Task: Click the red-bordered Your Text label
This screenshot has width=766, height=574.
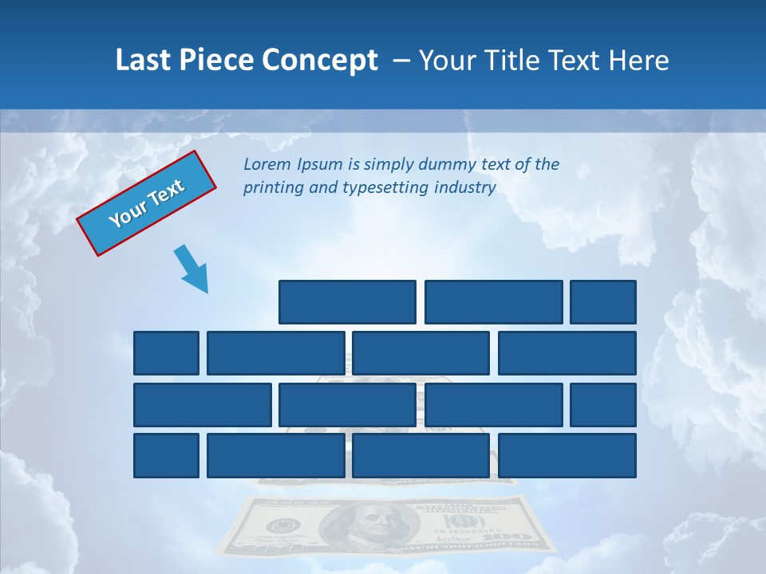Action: click(147, 202)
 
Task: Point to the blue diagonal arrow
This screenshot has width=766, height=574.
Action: click(192, 269)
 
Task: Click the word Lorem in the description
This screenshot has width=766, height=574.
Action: click(267, 165)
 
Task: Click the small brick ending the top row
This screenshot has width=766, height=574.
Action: click(603, 302)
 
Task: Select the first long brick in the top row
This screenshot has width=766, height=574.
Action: click(347, 302)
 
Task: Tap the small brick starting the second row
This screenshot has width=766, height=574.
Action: click(166, 353)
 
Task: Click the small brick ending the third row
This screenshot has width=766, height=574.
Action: click(603, 405)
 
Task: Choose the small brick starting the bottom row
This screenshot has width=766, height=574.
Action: click(166, 456)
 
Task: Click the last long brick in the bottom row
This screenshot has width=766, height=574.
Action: click(567, 456)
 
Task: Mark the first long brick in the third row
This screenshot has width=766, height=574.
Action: click(203, 405)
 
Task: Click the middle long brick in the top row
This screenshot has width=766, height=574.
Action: click(493, 302)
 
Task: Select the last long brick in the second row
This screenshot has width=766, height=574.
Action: click(567, 353)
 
